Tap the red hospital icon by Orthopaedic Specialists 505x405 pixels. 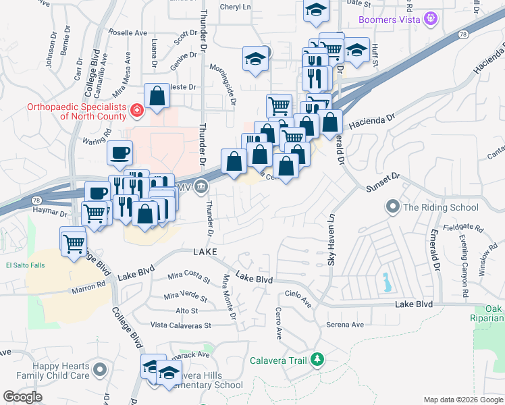pyautogui.click(x=136, y=109)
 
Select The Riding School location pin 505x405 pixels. pyautogui.click(x=392, y=207)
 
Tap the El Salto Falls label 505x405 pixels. pyautogui.click(x=25, y=265)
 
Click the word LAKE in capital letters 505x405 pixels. pyautogui.click(x=205, y=252)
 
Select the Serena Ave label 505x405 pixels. pyautogui.click(x=345, y=325)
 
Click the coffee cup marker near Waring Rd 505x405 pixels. pyautogui.click(x=120, y=153)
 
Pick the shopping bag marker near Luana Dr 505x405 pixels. pyautogui.click(x=157, y=96)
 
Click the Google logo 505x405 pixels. pyautogui.click(x=23, y=397)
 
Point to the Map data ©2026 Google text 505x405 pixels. pyautogui.click(x=462, y=400)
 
